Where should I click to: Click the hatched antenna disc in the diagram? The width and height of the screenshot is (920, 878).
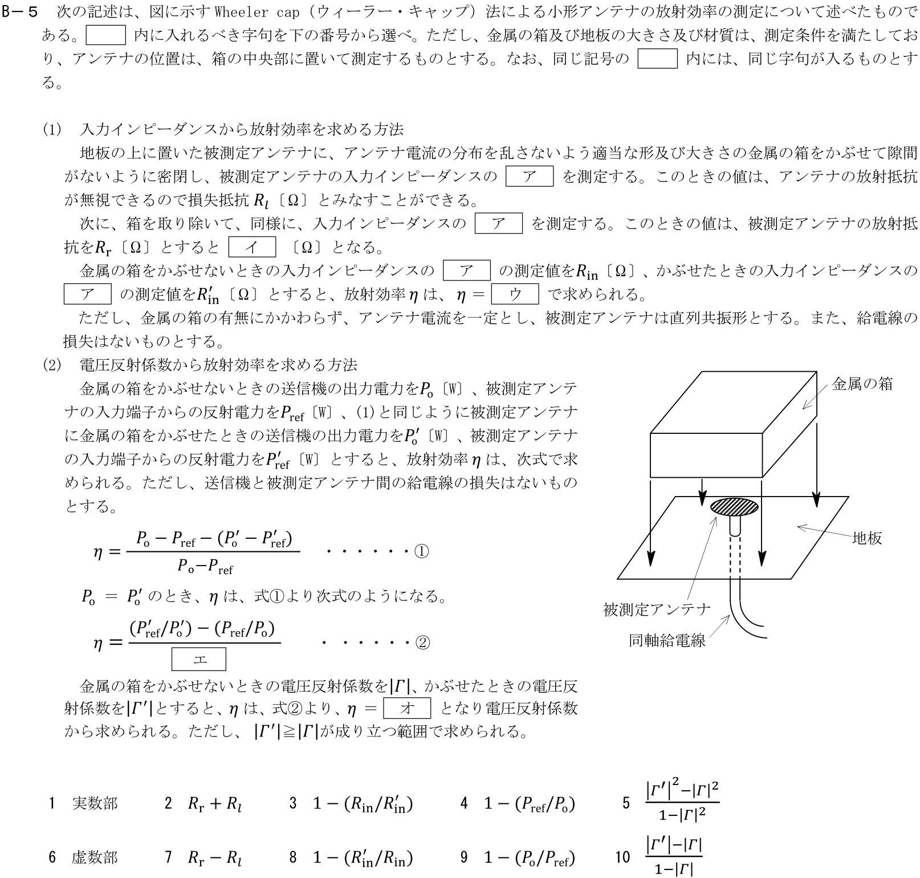coord(734,507)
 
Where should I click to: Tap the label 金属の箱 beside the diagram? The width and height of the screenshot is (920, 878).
coord(862,384)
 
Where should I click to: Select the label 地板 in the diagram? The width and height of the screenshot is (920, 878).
coord(866,538)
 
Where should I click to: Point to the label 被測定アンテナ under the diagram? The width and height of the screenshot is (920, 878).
coord(657,609)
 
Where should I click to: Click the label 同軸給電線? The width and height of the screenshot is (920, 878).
coord(667,640)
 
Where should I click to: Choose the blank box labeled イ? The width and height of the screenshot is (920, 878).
coord(251,247)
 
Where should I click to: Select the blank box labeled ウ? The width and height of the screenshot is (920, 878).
coord(514,294)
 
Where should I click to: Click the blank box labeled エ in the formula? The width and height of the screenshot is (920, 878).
coord(198,660)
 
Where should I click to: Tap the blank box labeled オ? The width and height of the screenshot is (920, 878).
coord(407,708)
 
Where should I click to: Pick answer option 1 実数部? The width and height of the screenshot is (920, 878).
coord(95,803)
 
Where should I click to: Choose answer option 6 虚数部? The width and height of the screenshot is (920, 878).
coord(95,857)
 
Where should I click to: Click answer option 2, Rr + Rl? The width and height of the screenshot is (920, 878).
coord(214,804)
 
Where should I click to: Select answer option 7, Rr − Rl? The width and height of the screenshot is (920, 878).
coord(214,857)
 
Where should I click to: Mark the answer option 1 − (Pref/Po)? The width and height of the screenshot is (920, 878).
coord(529,804)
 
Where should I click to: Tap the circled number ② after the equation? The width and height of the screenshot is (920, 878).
coord(422,643)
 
